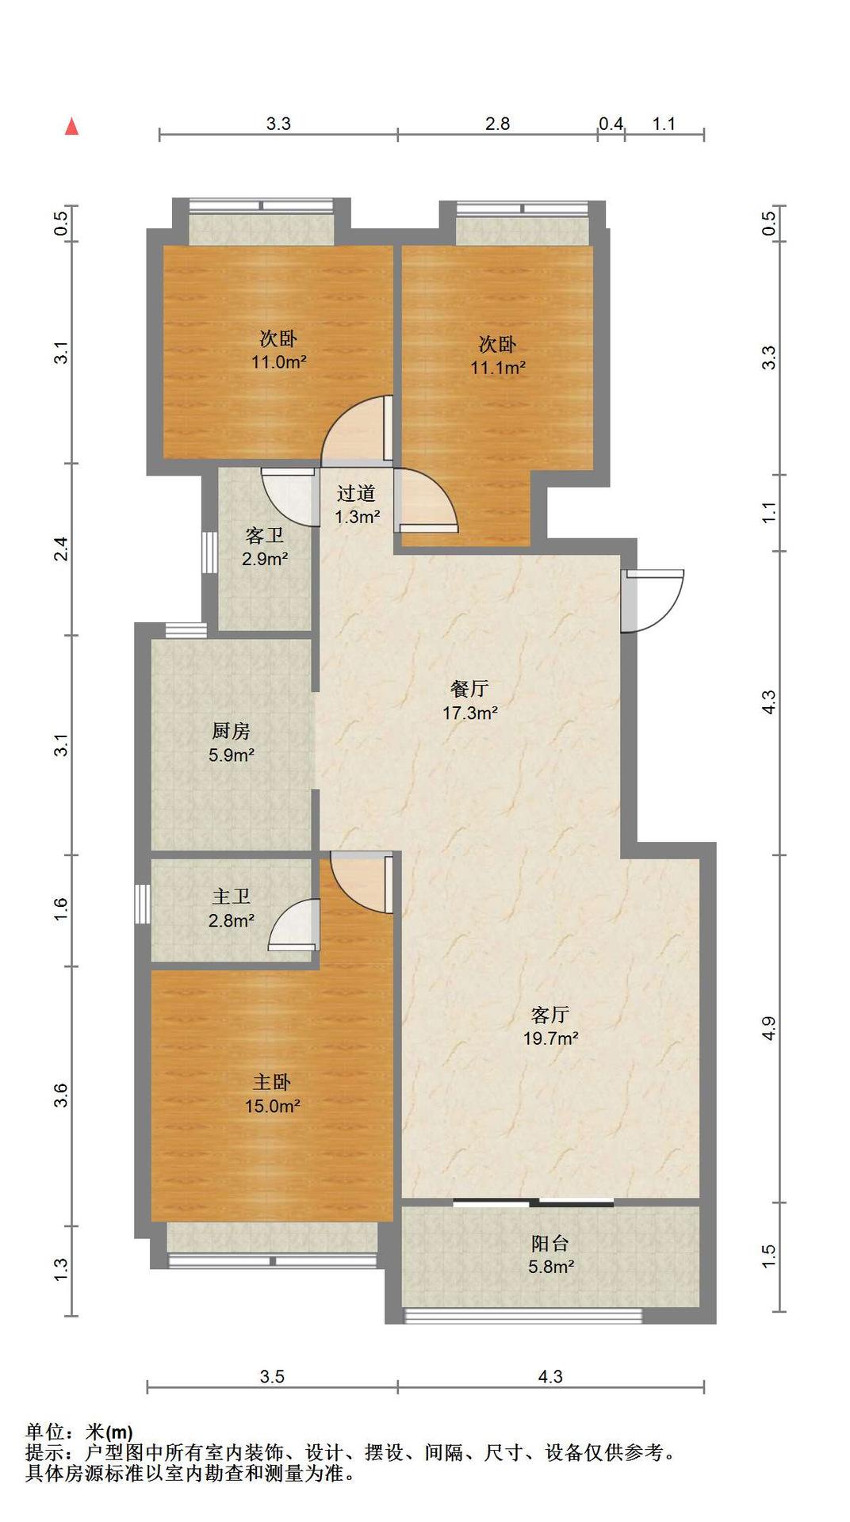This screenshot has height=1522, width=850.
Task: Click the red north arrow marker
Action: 71,126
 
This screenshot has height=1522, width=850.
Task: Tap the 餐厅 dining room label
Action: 469,689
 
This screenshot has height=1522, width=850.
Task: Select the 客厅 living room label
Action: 550,1015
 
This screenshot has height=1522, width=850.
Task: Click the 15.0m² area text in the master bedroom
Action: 272,1106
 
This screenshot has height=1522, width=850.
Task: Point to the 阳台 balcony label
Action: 550,1244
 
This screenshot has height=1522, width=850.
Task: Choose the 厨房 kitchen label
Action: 231,731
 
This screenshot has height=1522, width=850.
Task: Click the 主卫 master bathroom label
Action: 231,897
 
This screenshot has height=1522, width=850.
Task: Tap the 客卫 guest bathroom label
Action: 264,535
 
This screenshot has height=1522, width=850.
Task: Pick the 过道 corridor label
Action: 356,493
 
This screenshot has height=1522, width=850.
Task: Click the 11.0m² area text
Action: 279,362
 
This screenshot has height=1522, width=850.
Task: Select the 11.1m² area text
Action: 498,367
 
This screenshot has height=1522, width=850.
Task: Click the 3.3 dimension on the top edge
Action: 278,124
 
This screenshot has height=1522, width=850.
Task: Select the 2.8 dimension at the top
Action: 497,124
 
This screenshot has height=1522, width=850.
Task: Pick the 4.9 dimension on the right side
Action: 768,1028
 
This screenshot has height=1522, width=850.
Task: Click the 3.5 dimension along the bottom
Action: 272,1377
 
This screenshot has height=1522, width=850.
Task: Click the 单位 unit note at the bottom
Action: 44,1432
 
